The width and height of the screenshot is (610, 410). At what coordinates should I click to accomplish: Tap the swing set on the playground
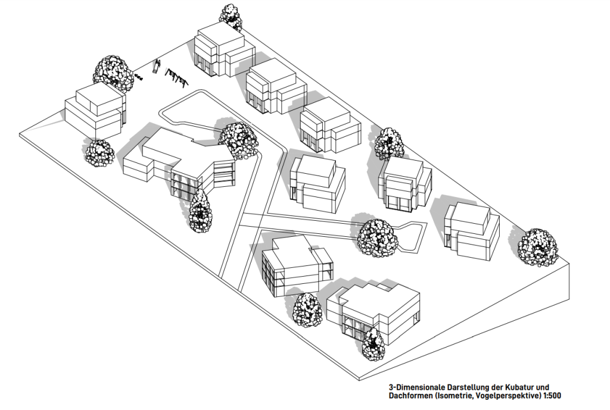[x=176, y=77]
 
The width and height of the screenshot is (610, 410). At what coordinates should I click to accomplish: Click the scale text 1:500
[x=552, y=396]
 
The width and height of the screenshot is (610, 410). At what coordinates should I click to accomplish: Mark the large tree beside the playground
[x=113, y=73]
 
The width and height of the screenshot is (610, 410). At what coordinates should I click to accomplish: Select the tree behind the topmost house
[x=231, y=16]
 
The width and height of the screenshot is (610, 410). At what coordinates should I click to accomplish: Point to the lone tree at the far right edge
[x=538, y=247]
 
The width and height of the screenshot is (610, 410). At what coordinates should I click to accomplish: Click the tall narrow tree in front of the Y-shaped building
[x=200, y=212]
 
